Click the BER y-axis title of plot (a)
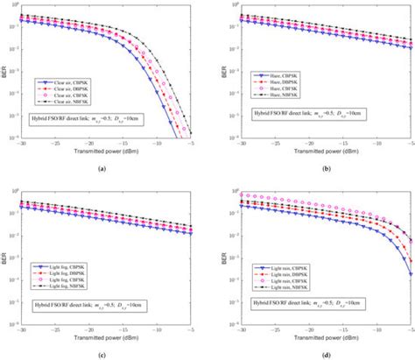(4, 74)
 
